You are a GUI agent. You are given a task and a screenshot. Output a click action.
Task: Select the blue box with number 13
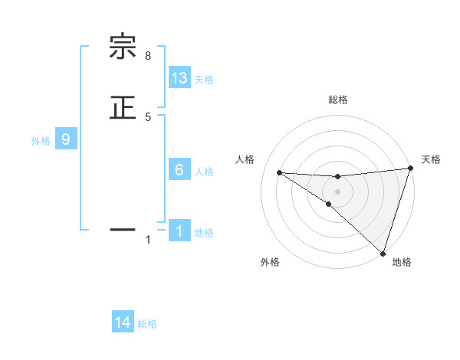click(179, 78)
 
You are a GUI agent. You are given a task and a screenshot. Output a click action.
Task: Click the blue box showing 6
click(179, 170)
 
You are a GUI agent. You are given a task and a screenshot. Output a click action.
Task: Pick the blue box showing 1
click(179, 231)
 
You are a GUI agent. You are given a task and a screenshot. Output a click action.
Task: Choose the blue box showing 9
click(66, 139)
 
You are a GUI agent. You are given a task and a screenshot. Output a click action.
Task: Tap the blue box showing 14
click(123, 323)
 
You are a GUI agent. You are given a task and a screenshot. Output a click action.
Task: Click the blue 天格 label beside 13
click(204, 80)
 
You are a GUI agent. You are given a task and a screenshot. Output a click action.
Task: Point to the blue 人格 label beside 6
click(204, 172)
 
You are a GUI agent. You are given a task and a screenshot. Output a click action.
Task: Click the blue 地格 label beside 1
click(204, 233)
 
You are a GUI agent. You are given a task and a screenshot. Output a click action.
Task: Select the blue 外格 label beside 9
click(41, 141)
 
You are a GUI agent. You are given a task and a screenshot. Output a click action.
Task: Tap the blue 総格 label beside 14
click(147, 325)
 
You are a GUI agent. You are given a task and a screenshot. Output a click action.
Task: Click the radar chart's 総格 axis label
click(337, 100)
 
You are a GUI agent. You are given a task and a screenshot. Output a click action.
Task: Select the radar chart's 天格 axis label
click(431, 159)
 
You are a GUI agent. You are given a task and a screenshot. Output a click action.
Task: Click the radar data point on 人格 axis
click(279, 172)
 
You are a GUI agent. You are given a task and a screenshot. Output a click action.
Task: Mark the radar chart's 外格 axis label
click(270, 263)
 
